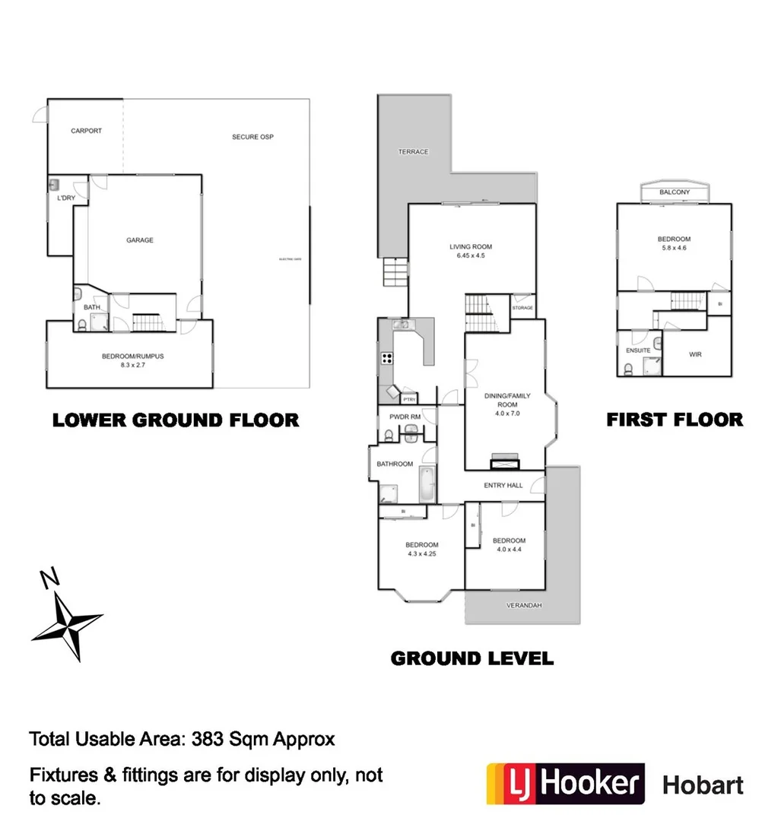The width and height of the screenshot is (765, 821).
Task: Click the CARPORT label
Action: [86, 131]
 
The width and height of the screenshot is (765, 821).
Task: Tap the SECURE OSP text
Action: [252, 137]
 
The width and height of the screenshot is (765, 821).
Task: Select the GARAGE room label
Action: [140, 240]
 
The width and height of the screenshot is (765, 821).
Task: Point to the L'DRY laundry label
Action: [66, 198]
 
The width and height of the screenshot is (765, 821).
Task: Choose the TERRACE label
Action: [414, 152]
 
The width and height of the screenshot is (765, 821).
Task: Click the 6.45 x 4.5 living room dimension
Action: [471, 256]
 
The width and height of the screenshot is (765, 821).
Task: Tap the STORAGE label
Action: [522, 308]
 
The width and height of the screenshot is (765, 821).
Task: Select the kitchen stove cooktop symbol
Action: [387, 360]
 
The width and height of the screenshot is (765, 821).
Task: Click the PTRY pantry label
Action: [409, 399]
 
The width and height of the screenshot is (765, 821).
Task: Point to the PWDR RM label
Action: [405, 417]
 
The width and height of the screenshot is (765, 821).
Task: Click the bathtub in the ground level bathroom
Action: [426, 484]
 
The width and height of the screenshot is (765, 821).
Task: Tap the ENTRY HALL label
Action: [503, 485]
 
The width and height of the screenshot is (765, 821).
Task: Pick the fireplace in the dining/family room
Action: [503, 458]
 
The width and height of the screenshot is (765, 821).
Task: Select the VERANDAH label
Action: [522, 606]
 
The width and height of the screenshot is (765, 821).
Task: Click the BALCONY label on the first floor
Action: [675, 192]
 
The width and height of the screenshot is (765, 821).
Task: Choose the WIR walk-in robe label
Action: [695, 355]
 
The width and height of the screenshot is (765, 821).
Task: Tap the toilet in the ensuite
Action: [628, 369]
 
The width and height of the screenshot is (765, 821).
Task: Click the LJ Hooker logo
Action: [566, 784]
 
